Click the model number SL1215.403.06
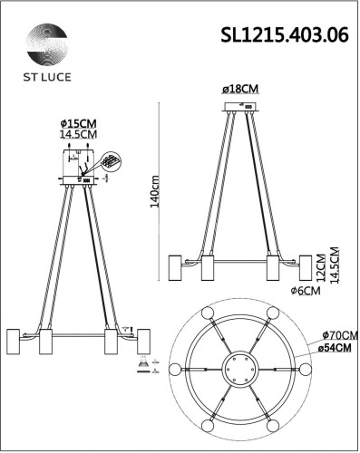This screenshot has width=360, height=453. pos(283,34)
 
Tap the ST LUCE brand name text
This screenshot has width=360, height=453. pos(44,78)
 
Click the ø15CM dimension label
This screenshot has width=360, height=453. pos(78,125)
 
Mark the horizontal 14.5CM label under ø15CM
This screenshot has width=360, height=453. pos(78,136)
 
